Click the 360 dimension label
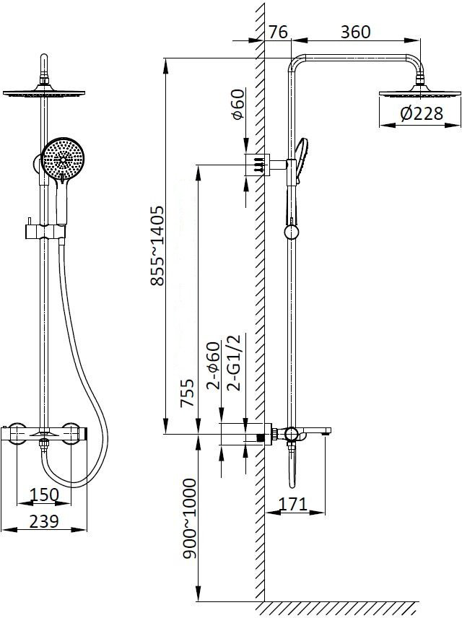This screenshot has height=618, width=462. point(355,32)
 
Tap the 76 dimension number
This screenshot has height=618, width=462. point(279,32)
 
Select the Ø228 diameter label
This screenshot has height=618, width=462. point(422,113)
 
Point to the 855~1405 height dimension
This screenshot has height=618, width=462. point(157,245)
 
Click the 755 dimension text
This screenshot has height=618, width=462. point(187,393)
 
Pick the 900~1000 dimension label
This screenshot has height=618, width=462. point(189,518)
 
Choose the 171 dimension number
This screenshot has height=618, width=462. point(292,504)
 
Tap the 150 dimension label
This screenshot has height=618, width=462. point(44,495)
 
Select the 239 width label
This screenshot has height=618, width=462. point(44,521)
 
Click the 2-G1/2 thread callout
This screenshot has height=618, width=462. point(234,362)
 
